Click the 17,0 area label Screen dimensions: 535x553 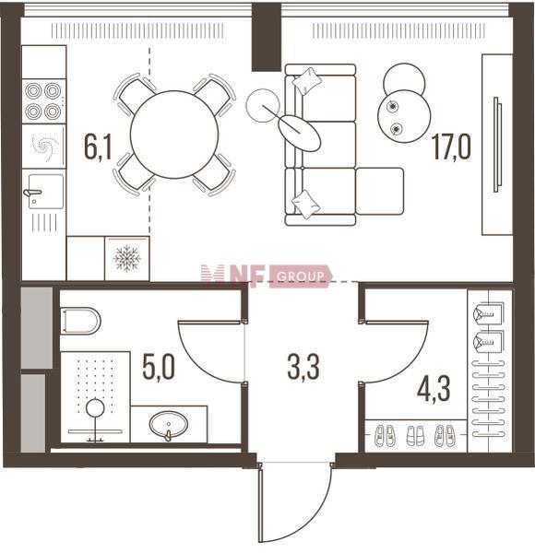452,147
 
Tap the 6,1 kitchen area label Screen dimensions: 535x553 98,147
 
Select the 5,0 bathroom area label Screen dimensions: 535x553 159,368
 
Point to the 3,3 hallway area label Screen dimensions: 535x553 303,368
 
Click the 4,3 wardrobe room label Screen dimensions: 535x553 434,389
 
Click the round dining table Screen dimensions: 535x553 174,135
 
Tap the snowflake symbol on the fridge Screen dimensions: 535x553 127,258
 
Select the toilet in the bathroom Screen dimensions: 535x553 81,321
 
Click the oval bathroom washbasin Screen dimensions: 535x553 169,424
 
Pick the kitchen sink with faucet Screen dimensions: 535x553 43,192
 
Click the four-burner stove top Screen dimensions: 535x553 43,100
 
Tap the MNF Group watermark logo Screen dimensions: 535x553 267,276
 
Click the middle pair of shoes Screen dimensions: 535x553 415,436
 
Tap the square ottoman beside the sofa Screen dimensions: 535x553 380,191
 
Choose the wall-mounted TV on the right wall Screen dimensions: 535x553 497,145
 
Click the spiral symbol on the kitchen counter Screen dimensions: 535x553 43,146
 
